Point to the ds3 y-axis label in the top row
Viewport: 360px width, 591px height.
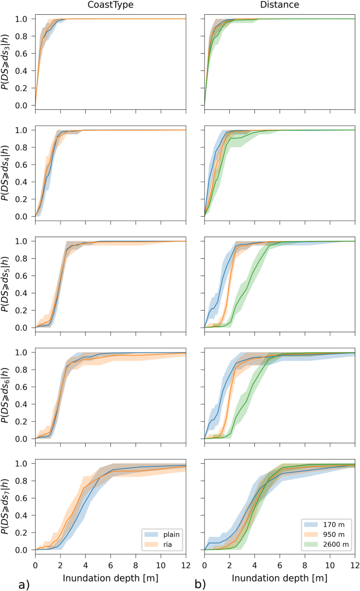[6, 62]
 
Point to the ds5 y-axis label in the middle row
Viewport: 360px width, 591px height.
[6, 284]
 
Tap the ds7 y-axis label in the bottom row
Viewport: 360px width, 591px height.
[6, 506]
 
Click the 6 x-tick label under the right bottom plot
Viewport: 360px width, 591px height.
[280, 565]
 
